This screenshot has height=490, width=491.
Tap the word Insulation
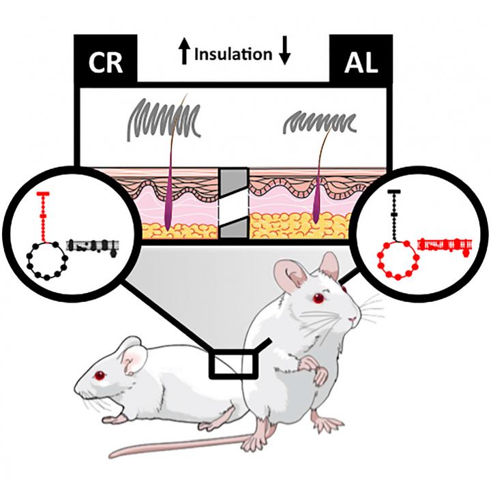[233, 55]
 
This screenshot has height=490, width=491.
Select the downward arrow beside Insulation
[284, 55]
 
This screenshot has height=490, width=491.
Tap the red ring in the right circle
[397, 259]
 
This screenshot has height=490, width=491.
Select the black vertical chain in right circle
[392, 211]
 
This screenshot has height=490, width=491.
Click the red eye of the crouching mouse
[100, 375]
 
